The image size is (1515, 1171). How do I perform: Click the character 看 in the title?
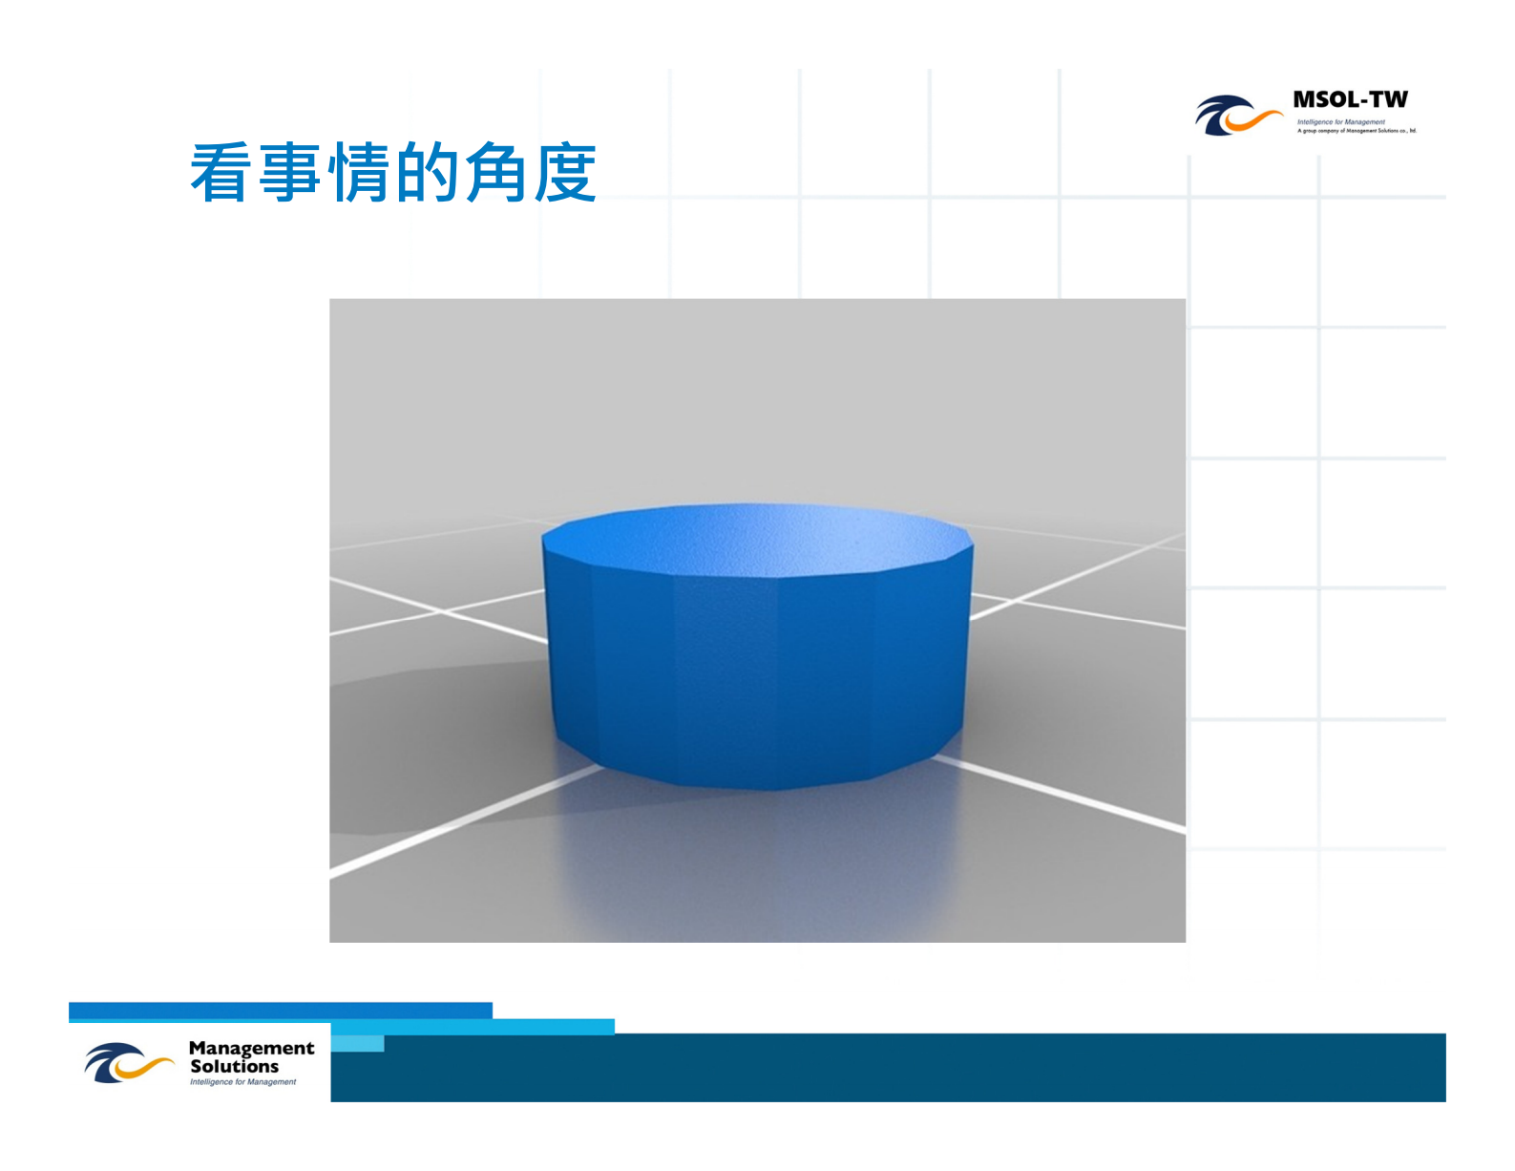[221, 173]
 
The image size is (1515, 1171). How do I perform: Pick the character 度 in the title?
[565, 173]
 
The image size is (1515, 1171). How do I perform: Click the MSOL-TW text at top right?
[1350, 100]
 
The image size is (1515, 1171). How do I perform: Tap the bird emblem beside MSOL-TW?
[1236, 116]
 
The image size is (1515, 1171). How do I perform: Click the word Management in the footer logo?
[251, 1048]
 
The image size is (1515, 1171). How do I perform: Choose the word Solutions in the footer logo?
[234, 1066]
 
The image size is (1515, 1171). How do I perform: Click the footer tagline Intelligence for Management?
[242, 1082]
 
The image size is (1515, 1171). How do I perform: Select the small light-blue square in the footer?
[358, 1043]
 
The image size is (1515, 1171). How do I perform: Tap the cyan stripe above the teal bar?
[554, 1027]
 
